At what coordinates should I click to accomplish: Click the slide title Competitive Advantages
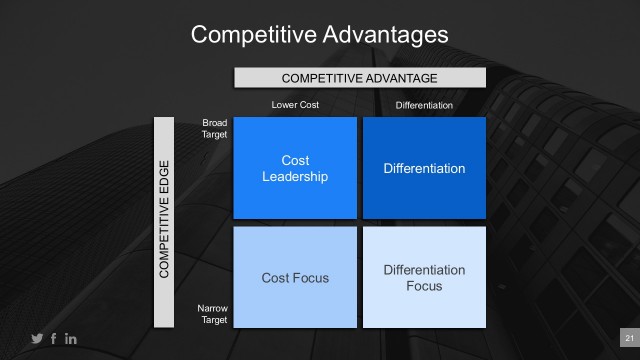pyautogui.click(x=319, y=35)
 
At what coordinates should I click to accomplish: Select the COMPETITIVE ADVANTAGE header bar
pyautogui.click(x=360, y=78)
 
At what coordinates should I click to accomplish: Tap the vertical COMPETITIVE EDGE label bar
pyautogui.click(x=164, y=223)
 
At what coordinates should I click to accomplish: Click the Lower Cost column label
pyautogui.click(x=295, y=105)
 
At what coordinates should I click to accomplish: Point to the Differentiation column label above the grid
pyautogui.click(x=424, y=105)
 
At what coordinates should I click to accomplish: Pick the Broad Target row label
pyautogui.click(x=214, y=128)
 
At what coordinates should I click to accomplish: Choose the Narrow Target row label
pyautogui.click(x=214, y=316)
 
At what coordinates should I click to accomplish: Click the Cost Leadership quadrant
pyautogui.click(x=295, y=168)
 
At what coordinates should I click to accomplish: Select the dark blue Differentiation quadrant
pyautogui.click(x=424, y=168)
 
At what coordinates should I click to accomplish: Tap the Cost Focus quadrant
pyautogui.click(x=295, y=277)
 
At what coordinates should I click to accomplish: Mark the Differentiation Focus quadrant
pyautogui.click(x=424, y=277)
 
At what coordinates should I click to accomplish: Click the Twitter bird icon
pyautogui.click(x=37, y=339)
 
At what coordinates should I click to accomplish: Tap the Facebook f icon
pyautogui.click(x=54, y=339)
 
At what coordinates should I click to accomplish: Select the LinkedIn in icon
pyautogui.click(x=71, y=339)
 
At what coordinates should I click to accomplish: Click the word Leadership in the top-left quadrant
pyautogui.click(x=295, y=177)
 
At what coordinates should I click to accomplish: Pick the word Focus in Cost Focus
pyautogui.click(x=312, y=277)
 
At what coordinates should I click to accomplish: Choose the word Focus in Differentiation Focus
pyautogui.click(x=424, y=286)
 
